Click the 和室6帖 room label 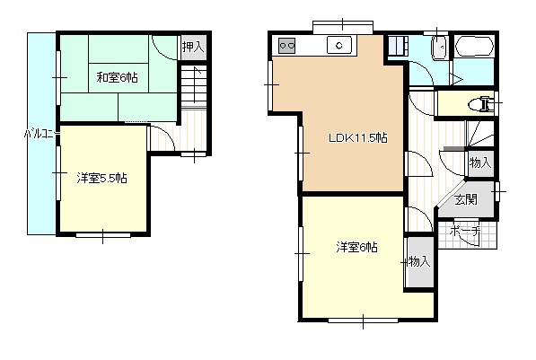118,77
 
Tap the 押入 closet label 192,47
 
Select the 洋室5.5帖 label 101,179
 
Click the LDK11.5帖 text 356,137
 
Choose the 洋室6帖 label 356,247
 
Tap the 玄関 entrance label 464,199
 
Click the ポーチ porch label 465,232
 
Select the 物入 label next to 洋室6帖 418,261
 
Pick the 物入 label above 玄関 479,162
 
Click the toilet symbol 483,104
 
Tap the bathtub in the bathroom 472,48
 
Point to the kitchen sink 339,45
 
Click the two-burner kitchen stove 288,45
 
